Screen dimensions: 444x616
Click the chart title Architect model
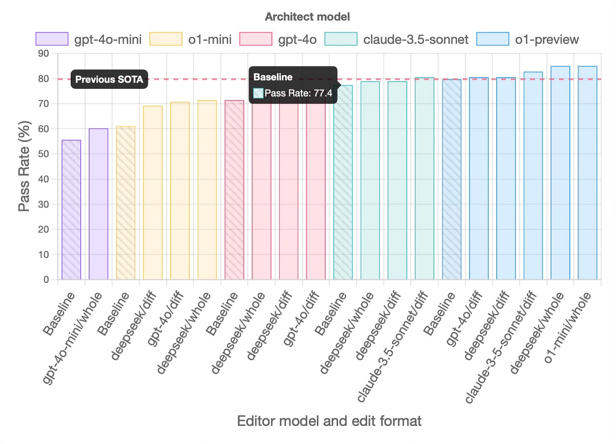pos(307,17)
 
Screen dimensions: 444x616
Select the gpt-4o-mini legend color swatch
pos(52,39)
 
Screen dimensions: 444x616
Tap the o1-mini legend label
pos(210,40)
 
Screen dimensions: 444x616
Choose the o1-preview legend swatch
pos(492,39)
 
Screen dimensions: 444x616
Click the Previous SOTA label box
pos(109,79)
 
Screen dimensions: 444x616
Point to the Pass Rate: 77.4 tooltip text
pos(298,93)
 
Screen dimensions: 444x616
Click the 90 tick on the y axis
pos(44,54)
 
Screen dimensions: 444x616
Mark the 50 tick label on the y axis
pos(44,154)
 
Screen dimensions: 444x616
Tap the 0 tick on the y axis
pos(46,280)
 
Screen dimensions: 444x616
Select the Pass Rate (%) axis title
pos(24,166)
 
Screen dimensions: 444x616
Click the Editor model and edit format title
pos(329,421)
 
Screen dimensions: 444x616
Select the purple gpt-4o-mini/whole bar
pos(99,204)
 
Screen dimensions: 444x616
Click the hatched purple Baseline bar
pos(71,210)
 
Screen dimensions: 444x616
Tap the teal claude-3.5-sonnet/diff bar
pos(424,178)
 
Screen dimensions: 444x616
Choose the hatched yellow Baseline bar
pos(126,203)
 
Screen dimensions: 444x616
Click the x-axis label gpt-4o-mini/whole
pos(73,338)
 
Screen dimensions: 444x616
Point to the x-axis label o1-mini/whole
pos(568,328)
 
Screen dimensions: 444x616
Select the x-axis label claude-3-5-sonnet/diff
pos(502,346)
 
